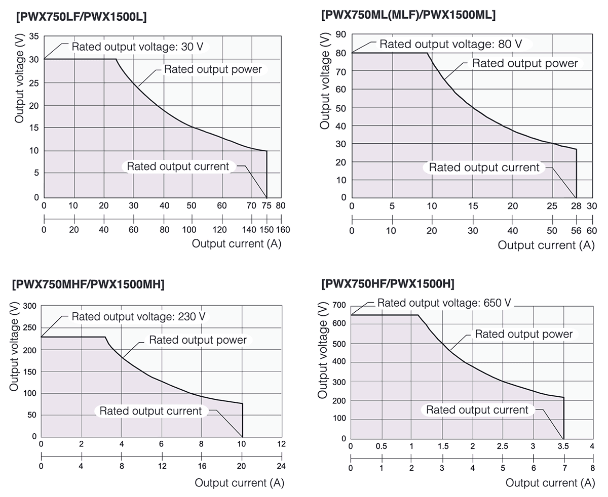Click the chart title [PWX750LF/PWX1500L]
82,17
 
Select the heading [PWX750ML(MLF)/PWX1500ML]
408,15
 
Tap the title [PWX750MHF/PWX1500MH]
88,284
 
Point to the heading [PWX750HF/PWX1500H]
388,283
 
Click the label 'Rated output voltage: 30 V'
137,47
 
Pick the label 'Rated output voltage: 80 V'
450,44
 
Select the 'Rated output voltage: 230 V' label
138,317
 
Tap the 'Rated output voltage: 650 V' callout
444,303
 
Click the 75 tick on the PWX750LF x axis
267,206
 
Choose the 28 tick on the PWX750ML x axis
576,206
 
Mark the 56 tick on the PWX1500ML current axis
576,231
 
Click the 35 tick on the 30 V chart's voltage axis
34,36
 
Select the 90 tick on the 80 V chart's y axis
341,34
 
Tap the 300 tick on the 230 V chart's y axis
30,306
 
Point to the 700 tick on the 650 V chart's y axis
339,305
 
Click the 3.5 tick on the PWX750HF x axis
563,446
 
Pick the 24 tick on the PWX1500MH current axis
281,467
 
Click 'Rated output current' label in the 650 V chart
477,410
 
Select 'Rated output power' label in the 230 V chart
198,340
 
